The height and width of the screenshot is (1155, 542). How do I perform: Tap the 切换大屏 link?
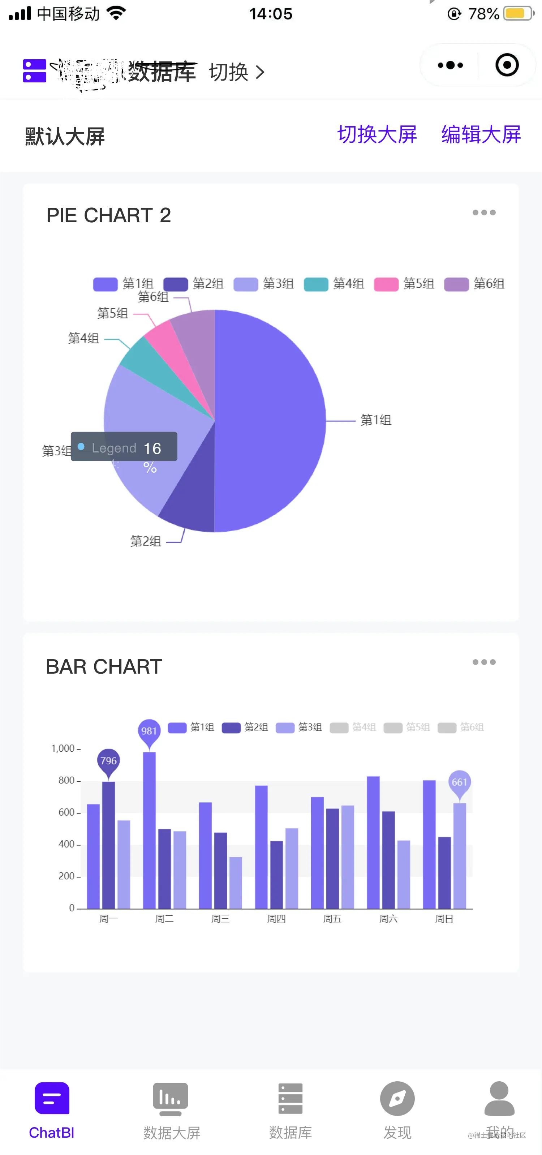click(377, 134)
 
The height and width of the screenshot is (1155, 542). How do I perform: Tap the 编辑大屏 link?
click(481, 134)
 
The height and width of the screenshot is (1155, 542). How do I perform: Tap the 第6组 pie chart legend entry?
click(474, 284)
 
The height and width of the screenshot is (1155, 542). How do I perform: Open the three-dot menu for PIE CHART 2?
click(484, 212)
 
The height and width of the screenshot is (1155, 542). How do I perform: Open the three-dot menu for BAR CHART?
click(484, 662)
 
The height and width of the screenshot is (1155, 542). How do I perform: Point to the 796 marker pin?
click(108, 761)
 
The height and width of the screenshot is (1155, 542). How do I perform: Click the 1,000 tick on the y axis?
click(63, 748)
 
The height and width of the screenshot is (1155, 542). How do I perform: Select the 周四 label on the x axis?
click(276, 919)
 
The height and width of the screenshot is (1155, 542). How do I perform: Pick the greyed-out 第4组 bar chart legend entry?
click(353, 727)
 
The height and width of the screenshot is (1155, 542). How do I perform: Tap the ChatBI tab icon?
click(52, 1099)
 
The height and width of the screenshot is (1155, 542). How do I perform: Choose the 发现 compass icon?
click(397, 1099)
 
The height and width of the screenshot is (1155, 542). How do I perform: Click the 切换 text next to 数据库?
click(229, 72)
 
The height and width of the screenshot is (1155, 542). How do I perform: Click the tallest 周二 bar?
click(149, 829)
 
